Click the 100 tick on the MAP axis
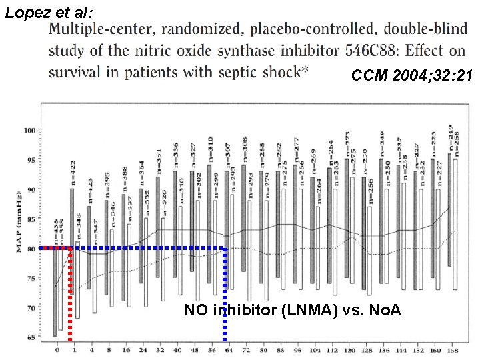coord(30,130)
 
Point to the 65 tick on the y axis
coord(31,337)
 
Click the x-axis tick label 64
coord(227,349)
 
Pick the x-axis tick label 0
coord(57,349)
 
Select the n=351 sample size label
coord(159,161)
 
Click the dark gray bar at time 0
coord(54,293)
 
